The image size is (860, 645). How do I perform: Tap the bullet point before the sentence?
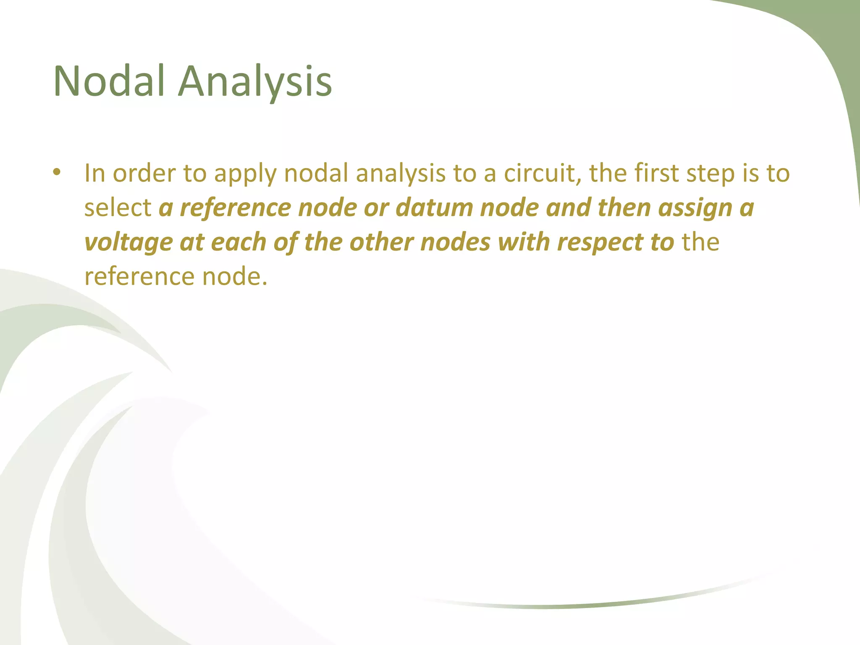tap(57, 173)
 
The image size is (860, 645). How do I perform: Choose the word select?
tap(118, 207)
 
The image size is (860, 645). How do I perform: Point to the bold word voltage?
tap(128, 242)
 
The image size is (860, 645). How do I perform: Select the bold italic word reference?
tap(235, 207)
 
